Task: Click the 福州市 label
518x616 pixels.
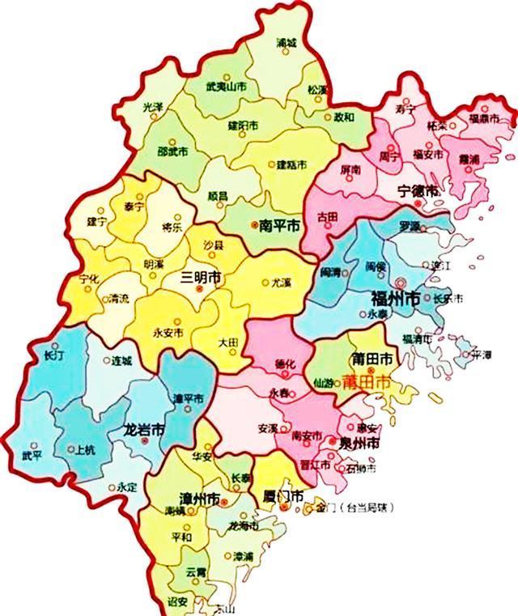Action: point(395,297)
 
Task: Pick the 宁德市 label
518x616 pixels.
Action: point(418,191)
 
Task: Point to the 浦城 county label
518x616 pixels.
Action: point(287,41)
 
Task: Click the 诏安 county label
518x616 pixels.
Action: point(178,601)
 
